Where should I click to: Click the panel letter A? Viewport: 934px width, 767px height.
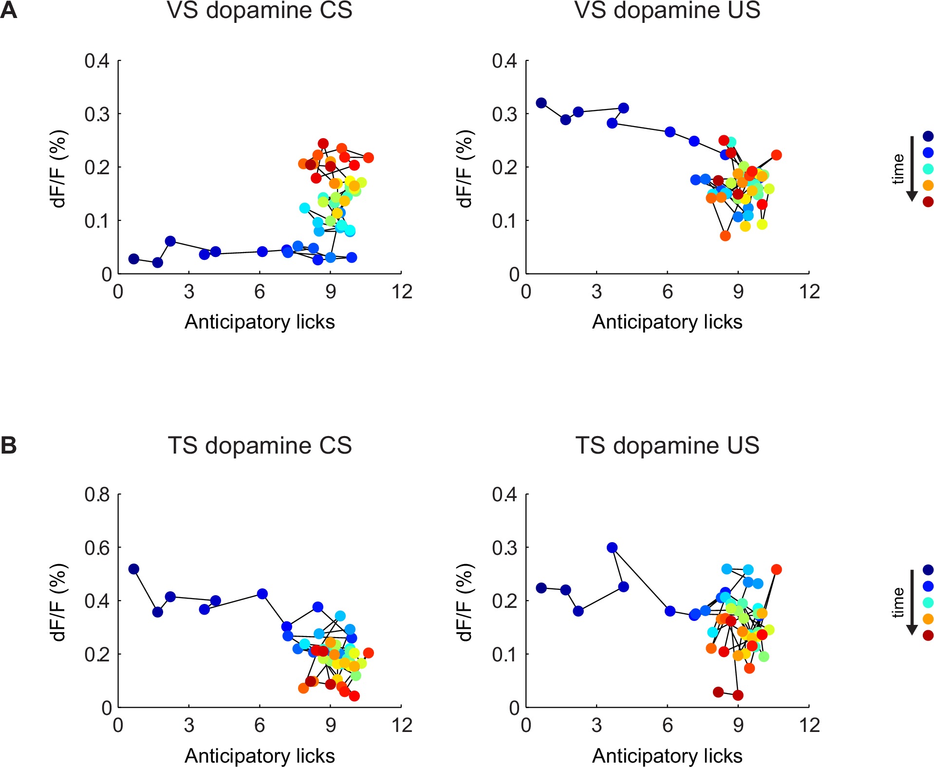[9, 10]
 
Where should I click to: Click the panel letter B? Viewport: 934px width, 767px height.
[9, 445]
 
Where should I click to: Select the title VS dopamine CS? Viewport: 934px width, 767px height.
[259, 11]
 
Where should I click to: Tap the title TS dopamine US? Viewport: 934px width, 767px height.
[667, 445]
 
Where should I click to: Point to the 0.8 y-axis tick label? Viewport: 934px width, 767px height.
[97, 494]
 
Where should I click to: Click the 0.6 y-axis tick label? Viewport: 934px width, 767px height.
[97, 548]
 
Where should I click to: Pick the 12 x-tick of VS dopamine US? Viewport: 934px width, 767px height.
[809, 292]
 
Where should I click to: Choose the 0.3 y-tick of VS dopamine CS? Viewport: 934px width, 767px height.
[97, 114]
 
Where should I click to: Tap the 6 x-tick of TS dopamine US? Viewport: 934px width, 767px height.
[667, 726]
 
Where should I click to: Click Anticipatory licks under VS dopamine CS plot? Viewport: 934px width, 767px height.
[259, 322]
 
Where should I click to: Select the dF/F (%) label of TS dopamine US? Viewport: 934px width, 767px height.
[465, 603]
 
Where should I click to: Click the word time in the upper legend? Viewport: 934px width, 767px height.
[898, 169]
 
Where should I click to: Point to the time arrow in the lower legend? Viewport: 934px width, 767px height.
[912, 603]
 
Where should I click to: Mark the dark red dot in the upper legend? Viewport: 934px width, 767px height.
[928, 201]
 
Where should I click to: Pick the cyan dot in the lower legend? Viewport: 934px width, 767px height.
[928, 603]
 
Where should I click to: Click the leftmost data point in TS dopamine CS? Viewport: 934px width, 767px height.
[134, 569]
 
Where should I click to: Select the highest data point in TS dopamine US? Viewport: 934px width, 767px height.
[612, 548]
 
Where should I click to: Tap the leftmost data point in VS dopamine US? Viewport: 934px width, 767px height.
[541, 103]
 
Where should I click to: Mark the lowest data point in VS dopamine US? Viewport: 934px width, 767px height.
[725, 236]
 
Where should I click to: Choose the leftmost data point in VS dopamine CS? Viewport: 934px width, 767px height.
[134, 259]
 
